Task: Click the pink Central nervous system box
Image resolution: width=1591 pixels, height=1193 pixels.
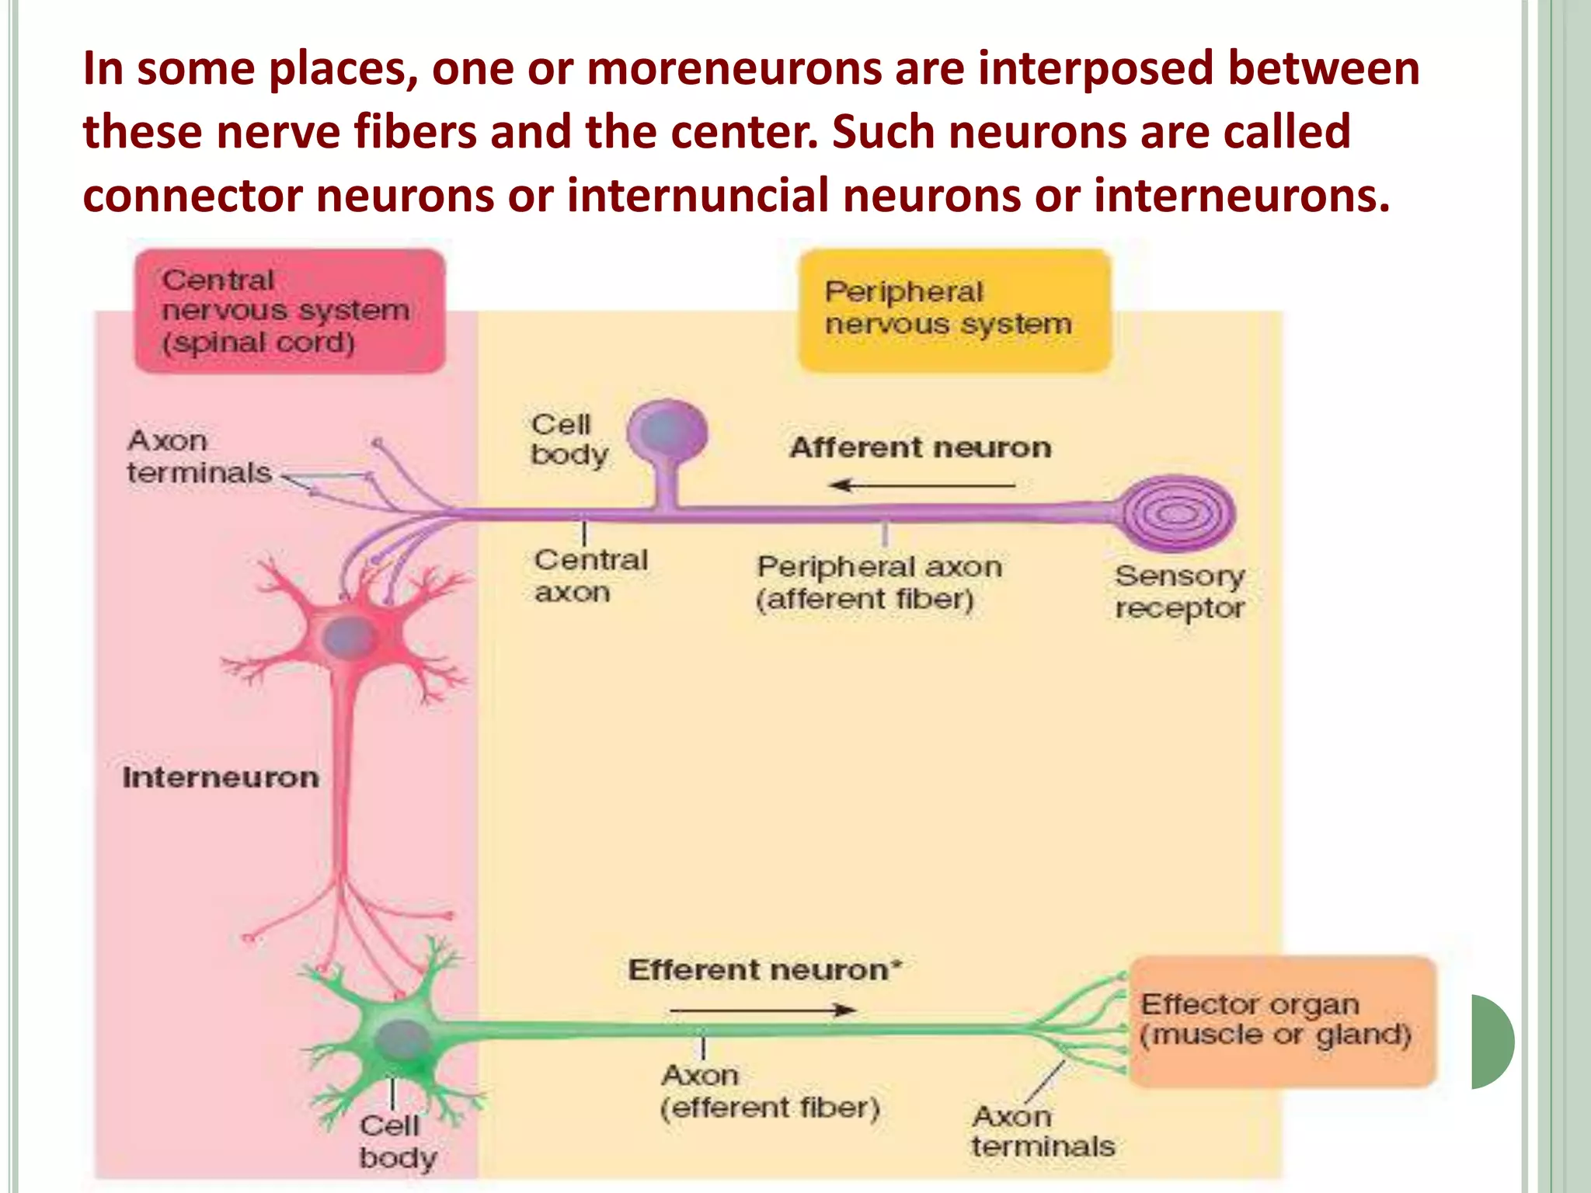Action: pyautogui.click(x=289, y=311)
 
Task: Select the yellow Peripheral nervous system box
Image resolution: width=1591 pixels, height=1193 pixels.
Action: pyautogui.click(x=954, y=309)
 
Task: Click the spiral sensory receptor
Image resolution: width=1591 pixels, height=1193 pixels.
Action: pyautogui.click(x=1178, y=513)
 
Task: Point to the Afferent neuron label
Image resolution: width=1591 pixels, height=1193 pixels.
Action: pyautogui.click(x=920, y=448)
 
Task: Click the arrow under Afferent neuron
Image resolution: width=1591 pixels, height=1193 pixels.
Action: pyautogui.click(x=921, y=486)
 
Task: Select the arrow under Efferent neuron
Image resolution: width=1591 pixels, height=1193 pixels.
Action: pyautogui.click(x=763, y=1010)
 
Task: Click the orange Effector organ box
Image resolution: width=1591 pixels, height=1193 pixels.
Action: pyautogui.click(x=1282, y=1021)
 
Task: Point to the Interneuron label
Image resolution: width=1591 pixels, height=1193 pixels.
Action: pyautogui.click(x=221, y=777)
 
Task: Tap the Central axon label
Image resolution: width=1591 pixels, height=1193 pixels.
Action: pyautogui.click(x=590, y=576)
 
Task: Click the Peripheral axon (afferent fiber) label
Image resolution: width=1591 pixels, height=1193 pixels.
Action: pyautogui.click(x=878, y=583)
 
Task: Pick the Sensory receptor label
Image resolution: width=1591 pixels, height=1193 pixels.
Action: pyautogui.click(x=1179, y=592)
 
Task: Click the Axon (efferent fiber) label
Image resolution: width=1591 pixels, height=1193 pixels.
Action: pyautogui.click(x=769, y=1091)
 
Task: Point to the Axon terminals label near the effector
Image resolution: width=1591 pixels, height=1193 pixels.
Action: pyautogui.click(x=1043, y=1131)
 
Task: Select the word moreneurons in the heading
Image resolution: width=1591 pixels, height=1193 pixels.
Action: pyautogui.click(x=733, y=68)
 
